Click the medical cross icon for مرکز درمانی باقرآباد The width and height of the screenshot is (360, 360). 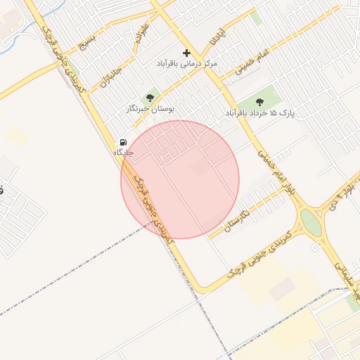click(186, 53)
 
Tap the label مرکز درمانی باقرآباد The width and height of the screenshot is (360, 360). click(187, 63)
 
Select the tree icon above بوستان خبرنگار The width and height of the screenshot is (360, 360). click(149, 98)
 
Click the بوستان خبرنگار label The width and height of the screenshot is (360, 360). click(150, 109)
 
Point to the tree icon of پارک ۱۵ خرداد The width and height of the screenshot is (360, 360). click(260, 101)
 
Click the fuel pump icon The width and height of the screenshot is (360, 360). click(123, 142)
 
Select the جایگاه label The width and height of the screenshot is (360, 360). click(123, 152)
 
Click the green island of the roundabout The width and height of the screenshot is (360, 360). click(310, 223)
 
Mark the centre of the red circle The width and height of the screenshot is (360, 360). click(180, 179)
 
